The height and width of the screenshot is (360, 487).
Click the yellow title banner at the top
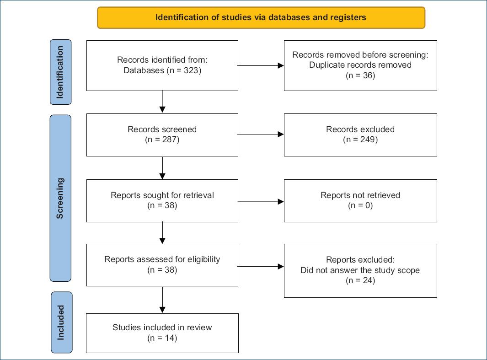pyautogui.click(x=261, y=18)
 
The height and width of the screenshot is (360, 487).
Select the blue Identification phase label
pyautogui.click(x=60, y=72)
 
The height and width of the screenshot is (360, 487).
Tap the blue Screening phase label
pyautogui.click(x=60, y=198)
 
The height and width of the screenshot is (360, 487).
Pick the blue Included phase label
pyautogui.click(x=61, y=322)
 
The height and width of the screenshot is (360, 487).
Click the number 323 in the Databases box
pyautogui.click(x=191, y=70)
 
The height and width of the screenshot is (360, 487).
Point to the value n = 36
pyautogui.click(x=360, y=75)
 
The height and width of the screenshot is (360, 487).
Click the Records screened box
pyautogui.click(x=162, y=135)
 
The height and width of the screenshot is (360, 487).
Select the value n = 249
pyautogui.click(x=360, y=140)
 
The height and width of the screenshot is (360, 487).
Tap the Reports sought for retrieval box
pyautogui.click(x=162, y=201)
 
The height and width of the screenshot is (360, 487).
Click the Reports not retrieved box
pyautogui.click(x=360, y=201)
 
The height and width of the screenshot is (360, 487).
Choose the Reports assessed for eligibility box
pyautogui.click(x=162, y=265)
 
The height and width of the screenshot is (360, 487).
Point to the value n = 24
pyautogui.click(x=360, y=280)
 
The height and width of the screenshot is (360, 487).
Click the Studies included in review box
pyautogui.click(x=162, y=333)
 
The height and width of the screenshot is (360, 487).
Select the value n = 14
pyautogui.click(x=162, y=338)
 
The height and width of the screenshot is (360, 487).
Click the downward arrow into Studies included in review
pyautogui.click(x=162, y=300)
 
